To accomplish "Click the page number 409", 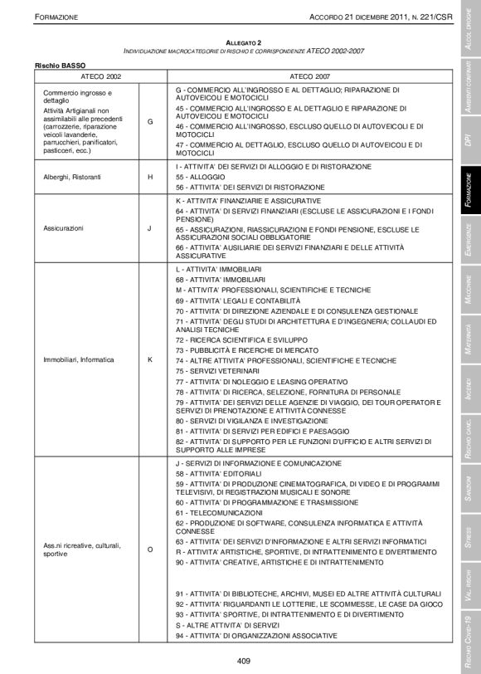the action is coord(243,661).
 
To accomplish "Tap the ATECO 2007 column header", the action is coord(303,76).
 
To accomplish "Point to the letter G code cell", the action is coord(150,121).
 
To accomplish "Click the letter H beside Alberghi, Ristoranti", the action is coord(150,177).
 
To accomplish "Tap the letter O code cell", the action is coord(150,549).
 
